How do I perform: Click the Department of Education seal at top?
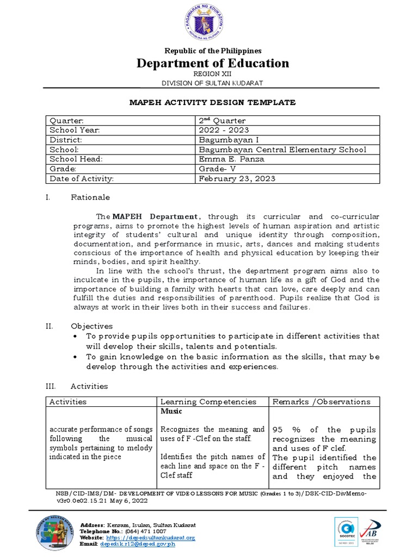tap(208, 23)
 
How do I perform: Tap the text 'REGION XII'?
tap(208, 73)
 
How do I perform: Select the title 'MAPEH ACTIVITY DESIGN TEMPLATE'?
tap(212, 102)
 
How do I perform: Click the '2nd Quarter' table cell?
tap(222, 120)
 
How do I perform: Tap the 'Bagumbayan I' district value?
tap(224, 140)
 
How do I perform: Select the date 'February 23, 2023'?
tap(237, 178)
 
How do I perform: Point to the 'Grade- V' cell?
tap(217, 169)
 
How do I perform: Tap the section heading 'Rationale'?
tap(90, 197)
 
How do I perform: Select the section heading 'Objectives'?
tap(92, 326)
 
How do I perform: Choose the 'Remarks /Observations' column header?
tap(321, 401)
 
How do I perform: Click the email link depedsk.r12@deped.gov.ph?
tap(138, 544)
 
